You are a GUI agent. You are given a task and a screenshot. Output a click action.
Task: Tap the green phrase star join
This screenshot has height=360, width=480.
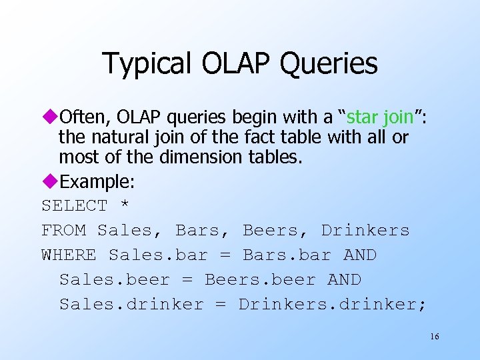click(380, 118)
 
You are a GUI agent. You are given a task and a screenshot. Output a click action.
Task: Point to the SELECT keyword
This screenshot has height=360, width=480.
click(74, 206)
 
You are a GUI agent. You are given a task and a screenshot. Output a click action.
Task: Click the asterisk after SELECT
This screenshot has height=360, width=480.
click(125, 206)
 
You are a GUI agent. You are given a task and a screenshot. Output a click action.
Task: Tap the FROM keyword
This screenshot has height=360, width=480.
click(63, 231)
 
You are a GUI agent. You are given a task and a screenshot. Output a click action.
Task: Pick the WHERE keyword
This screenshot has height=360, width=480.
click(69, 255)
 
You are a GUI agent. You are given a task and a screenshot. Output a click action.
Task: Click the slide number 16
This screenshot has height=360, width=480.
click(434, 337)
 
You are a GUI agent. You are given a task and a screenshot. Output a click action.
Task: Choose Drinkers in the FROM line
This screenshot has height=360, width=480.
click(365, 231)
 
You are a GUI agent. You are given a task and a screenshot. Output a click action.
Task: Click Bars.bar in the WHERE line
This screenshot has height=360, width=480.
click(287, 255)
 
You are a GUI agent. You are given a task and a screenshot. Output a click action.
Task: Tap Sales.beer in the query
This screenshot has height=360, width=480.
click(115, 280)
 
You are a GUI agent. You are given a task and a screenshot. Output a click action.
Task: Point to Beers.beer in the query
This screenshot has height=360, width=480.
click(260, 280)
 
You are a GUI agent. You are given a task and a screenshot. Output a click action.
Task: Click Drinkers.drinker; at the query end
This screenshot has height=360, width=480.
click(333, 305)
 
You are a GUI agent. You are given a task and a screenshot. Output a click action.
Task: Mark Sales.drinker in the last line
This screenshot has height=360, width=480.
click(131, 305)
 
